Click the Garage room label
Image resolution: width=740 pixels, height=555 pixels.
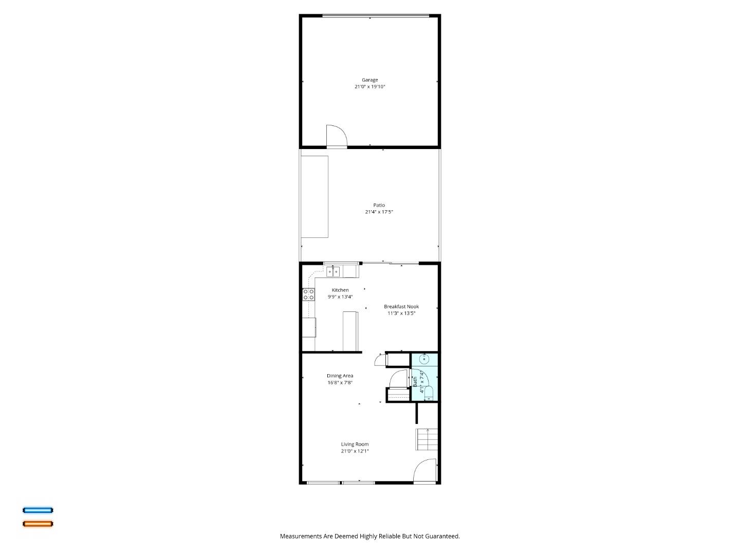coord(369,80)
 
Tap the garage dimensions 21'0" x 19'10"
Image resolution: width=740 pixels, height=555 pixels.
coord(369,87)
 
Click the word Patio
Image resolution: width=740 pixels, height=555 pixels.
coord(379,205)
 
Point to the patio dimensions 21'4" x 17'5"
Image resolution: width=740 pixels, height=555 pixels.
coord(379,212)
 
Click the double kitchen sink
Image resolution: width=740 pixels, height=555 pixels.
coord(333,272)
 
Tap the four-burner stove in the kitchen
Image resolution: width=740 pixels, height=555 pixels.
coord(308,294)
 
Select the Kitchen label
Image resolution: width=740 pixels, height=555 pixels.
coord(340,290)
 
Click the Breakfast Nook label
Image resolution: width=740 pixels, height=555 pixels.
coord(401,307)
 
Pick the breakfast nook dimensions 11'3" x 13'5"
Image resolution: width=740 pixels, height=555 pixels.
coord(401,313)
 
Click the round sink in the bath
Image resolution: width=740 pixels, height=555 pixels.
coord(424,359)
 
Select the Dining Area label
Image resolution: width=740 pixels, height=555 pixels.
coord(340,376)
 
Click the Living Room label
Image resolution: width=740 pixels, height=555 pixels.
coord(355,445)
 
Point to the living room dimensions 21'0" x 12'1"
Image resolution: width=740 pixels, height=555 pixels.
coord(355,451)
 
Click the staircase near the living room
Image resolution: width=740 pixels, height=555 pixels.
coord(426,439)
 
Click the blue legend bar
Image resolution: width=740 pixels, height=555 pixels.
coord(38,510)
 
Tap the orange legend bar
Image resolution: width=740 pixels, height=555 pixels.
coord(38,524)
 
